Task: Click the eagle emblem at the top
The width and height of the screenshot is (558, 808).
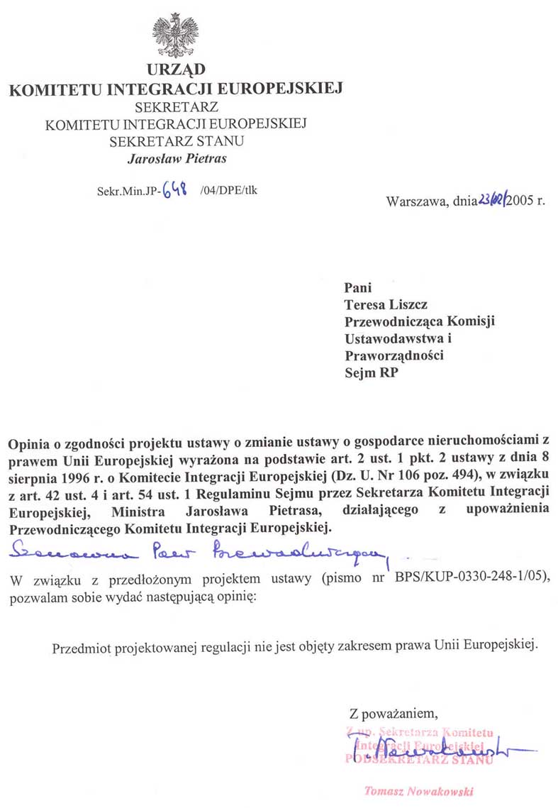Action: pos(174,34)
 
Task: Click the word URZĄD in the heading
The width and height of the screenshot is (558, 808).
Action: pos(176,70)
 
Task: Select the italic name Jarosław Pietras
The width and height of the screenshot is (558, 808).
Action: pos(177,158)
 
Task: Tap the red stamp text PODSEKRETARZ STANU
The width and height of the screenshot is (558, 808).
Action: pos(418,758)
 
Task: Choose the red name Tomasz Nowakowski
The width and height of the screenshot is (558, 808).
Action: pos(418,791)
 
